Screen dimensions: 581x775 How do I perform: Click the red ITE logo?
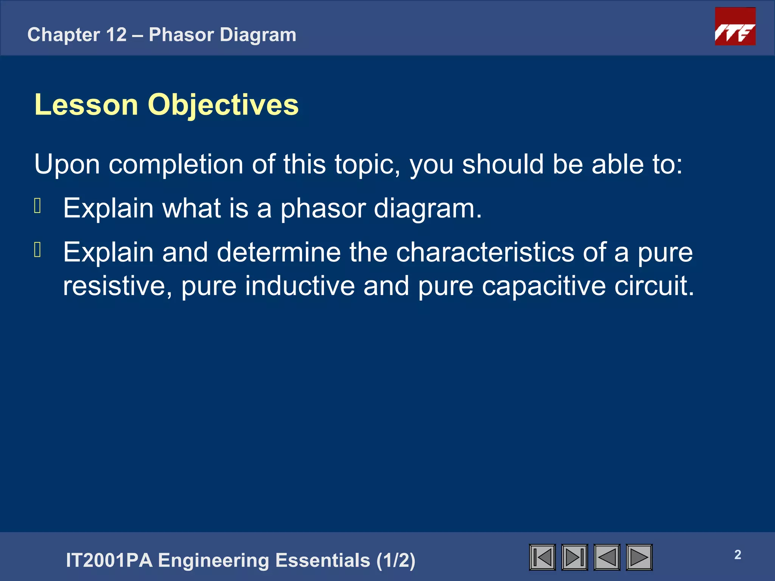pos(735,26)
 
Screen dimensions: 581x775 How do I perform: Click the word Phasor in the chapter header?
pos(181,35)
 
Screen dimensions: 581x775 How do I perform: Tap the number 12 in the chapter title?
pos(116,35)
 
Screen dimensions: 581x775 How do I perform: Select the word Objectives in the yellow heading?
pos(223,105)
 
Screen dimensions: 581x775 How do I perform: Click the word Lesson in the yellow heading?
pos(86,105)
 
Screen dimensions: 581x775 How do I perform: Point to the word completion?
pos(176,165)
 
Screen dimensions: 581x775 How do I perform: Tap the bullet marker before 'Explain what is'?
pos(37,206)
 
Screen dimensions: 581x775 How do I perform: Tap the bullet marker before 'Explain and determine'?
pos(37,250)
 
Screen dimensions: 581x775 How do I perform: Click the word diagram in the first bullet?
pos(427,209)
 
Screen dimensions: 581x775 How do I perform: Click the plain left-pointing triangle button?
pos(607,557)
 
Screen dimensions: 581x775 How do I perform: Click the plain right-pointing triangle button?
pos(639,557)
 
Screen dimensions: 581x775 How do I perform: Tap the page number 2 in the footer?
pos(738,555)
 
